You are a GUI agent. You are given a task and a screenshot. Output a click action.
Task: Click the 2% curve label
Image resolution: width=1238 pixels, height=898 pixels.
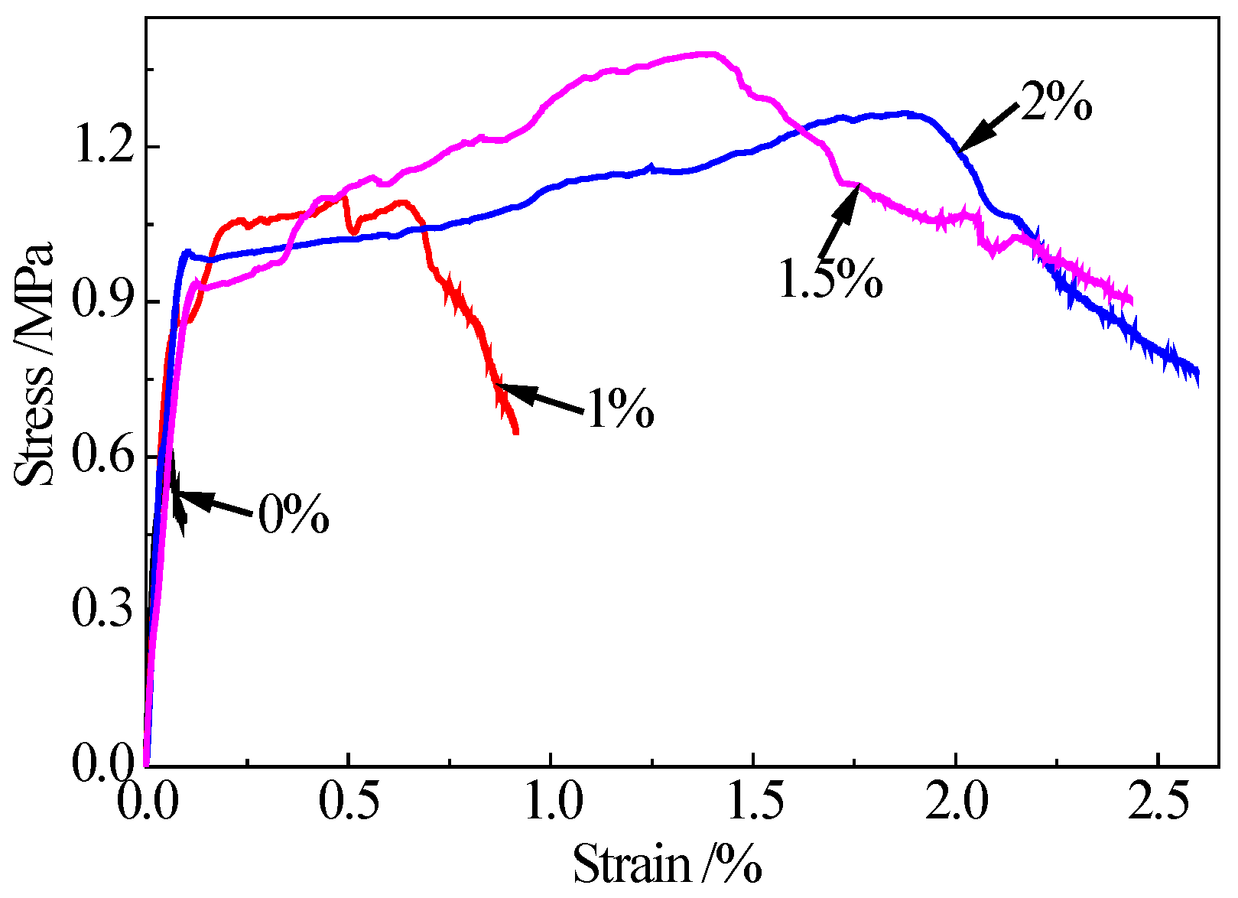click(x=1056, y=102)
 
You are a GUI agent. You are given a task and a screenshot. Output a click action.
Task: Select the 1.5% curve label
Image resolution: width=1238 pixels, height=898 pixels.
click(x=830, y=278)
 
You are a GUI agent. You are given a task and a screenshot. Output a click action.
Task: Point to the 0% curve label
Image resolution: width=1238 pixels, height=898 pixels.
click(x=293, y=515)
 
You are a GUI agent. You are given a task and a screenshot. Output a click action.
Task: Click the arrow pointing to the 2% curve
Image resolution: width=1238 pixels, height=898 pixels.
click(x=989, y=126)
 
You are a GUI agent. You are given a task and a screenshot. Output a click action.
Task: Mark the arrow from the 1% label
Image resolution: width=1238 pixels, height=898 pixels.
click(x=539, y=398)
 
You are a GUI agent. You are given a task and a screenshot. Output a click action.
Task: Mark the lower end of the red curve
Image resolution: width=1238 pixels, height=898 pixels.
click(x=516, y=431)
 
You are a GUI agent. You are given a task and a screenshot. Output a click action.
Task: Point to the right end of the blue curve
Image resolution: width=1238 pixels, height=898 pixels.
click(x=1197, y=374)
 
